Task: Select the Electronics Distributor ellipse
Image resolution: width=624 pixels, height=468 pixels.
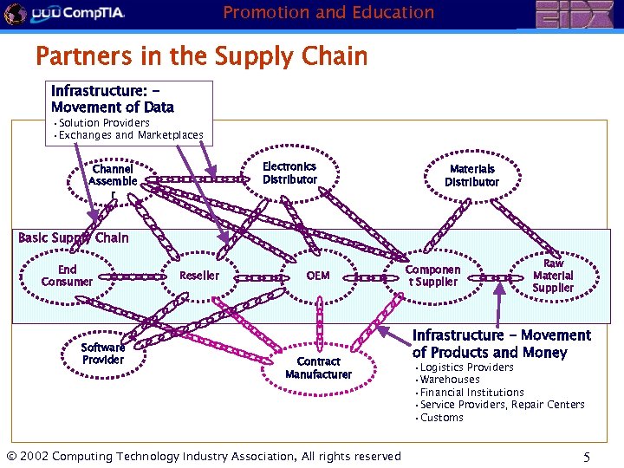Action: [289, 173]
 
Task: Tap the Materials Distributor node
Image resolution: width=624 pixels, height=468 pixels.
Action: [472, 176]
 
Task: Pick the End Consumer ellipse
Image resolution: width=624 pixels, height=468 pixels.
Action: [67, 276]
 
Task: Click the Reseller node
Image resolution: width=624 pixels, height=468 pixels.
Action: [199, 276]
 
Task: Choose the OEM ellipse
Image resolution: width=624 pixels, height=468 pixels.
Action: [318, 276]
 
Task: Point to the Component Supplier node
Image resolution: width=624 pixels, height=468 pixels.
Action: [432, 276]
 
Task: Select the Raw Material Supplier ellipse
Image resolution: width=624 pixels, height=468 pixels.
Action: [552, 276]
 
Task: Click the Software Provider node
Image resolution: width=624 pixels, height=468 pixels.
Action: [103, 354]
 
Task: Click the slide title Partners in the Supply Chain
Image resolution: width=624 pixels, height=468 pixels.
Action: [201, 57]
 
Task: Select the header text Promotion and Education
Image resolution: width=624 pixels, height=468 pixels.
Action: [328, 12]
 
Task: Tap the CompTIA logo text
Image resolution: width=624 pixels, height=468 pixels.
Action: [79, 13]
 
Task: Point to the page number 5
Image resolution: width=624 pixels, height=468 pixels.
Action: [587, 456]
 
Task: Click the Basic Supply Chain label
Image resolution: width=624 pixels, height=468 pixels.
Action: [73, 237]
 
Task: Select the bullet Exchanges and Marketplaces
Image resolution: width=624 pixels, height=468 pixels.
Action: [131, 135]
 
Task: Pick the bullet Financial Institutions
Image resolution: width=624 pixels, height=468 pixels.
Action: [471, 393]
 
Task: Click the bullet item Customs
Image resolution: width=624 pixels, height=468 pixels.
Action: [441, 418]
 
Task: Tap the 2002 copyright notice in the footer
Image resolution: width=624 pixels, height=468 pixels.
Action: [204, 457]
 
